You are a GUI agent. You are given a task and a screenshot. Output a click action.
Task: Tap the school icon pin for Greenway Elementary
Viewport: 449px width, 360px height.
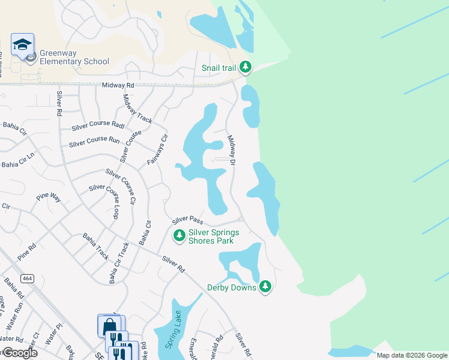pos(22,45)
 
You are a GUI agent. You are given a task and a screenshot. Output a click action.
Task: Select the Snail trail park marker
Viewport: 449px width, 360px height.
pos(246,68)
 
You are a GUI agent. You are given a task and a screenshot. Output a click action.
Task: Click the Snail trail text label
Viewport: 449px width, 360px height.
pos(219,68)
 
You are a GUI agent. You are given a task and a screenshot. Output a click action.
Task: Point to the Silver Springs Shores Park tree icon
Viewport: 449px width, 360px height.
pos(179,236)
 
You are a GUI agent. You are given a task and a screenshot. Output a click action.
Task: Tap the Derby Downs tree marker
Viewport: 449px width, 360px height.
pos(265,287)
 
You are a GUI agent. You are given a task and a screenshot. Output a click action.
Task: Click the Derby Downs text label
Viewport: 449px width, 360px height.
pos(232,288)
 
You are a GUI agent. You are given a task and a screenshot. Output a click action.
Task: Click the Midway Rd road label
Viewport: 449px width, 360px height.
pos(118,86)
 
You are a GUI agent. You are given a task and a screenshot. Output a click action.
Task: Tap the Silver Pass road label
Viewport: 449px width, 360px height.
pos(188,221)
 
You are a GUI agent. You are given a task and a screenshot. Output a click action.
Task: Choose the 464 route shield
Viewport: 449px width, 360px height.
pos(26,278)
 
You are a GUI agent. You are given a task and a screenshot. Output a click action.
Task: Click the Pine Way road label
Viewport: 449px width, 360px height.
pos(49,196)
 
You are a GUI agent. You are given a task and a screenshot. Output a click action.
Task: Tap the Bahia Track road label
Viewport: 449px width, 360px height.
pos(96,246)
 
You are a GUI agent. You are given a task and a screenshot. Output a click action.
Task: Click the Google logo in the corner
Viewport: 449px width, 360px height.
pos(19,353)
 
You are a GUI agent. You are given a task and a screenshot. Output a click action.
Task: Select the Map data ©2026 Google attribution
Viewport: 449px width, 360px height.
pos(412,355)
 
